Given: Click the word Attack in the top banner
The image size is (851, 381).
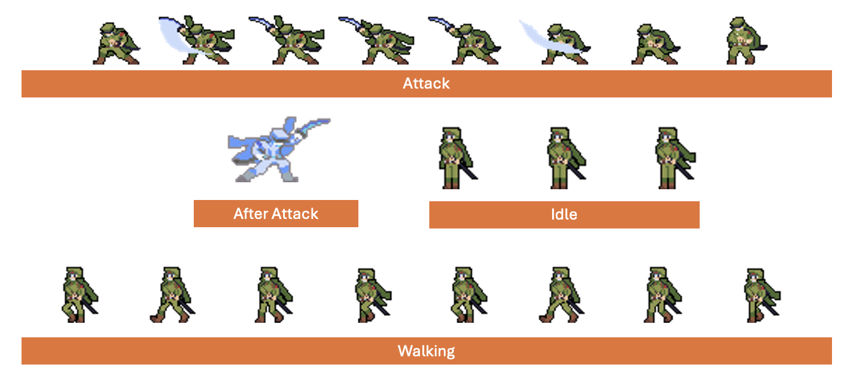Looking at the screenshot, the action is click(426, 84).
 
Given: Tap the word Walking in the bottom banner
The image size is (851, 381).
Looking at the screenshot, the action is click(426, 351).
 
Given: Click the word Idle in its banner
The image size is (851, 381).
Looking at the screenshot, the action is click(564, 215).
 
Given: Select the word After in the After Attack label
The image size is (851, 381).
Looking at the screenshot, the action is click(250, 213).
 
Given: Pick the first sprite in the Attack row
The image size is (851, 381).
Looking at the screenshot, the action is click(116, 44).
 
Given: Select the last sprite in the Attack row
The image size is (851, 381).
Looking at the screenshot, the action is click(745, 41).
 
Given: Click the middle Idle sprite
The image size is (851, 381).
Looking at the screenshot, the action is click(566, 158).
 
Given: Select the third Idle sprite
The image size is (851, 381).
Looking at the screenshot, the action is click(675, 158).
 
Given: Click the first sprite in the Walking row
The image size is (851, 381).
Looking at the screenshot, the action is click(79, 295).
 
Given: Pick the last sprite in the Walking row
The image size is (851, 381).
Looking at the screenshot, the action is click(762, 296).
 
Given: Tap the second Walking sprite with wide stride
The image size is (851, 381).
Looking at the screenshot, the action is click(172, 295).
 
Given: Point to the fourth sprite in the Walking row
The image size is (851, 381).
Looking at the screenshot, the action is click(373, 296).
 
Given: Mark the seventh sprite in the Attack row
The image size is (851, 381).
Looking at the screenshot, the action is click(655, 44).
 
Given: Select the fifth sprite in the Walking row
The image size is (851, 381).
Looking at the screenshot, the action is click(469, 295).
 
